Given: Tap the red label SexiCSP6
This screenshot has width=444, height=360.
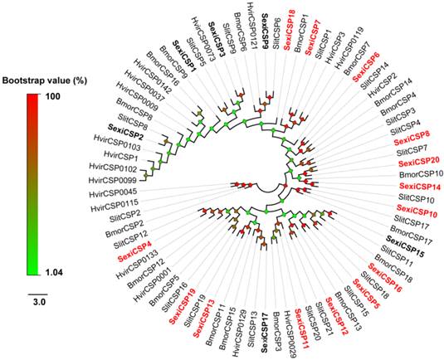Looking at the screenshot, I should point(368,67).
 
